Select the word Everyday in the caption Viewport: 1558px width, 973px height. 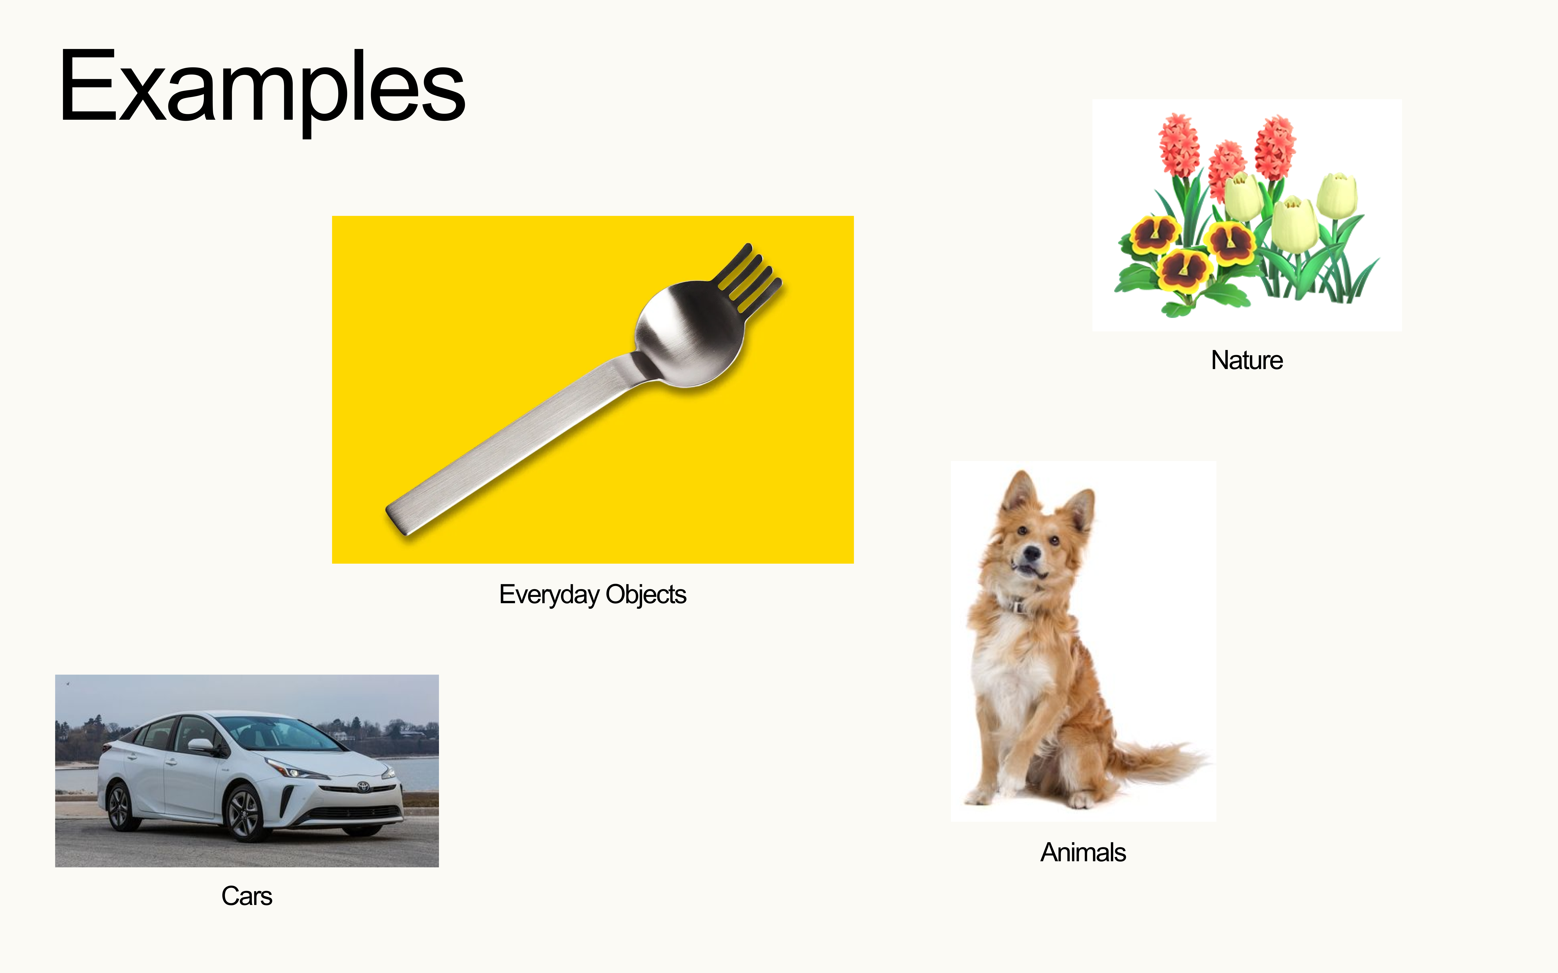coord(548,595)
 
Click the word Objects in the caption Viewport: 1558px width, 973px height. coord(646,595)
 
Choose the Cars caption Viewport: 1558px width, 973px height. coord(247,896)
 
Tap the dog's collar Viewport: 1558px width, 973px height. coord(1017,605)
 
